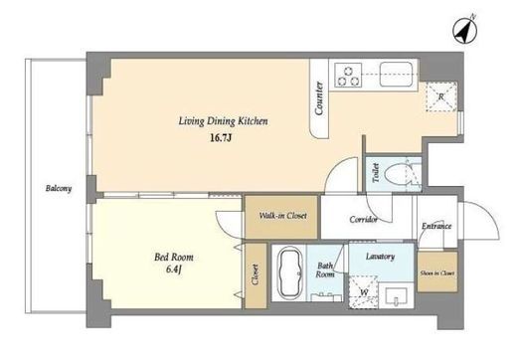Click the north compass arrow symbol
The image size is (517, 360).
(465, 31)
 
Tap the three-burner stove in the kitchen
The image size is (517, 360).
(348, 76)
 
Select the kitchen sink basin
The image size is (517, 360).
(396, 75)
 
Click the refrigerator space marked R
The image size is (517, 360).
(441, 96)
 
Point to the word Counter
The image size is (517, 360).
(319, 98)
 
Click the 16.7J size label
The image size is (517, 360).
(220, 137)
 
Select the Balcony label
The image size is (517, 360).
(59, 188)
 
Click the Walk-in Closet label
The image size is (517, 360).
(282, 216)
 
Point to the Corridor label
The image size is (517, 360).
(363, 219)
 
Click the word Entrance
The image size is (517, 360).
(436, 226)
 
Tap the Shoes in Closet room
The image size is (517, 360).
(437, 272)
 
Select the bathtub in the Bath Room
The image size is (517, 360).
(290, 274)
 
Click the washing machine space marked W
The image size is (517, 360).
(364, 291)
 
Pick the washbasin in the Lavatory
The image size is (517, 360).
(396, 295)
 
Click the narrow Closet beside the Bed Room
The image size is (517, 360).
(256, 276)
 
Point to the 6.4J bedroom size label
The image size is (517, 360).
(174, 270)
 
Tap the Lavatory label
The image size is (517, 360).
(380, 257)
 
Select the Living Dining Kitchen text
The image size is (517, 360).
(223, 121)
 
